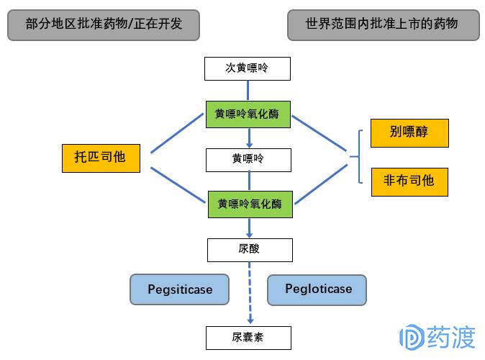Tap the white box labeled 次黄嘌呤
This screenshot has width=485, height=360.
[x=248, y=69]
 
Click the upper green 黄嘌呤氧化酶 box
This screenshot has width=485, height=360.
[x=248, y=114]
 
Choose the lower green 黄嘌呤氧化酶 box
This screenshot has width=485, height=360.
[x=250, y=204]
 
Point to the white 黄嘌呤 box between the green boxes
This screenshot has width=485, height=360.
[x=248, y=158]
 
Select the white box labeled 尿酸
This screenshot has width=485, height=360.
[x=250, y=250]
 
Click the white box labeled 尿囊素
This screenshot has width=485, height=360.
[x=249, y=337]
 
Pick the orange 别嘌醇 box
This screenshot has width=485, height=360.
[x=409, y=133]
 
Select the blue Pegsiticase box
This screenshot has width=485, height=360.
[x=180, y=289]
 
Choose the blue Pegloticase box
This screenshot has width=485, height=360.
[x=317, y=289]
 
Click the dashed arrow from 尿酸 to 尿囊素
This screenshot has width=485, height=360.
[x=250, y=292]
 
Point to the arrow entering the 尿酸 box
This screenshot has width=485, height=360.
[x=250, y=228]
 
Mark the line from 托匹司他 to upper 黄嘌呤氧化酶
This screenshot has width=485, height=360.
[x=178, y=133]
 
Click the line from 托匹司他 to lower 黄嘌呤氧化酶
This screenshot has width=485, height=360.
[x=178, y=181]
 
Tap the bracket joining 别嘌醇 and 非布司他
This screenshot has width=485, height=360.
[x=358, y=156]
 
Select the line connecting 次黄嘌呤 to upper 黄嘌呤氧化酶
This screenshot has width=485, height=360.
[x=248, y=90]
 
